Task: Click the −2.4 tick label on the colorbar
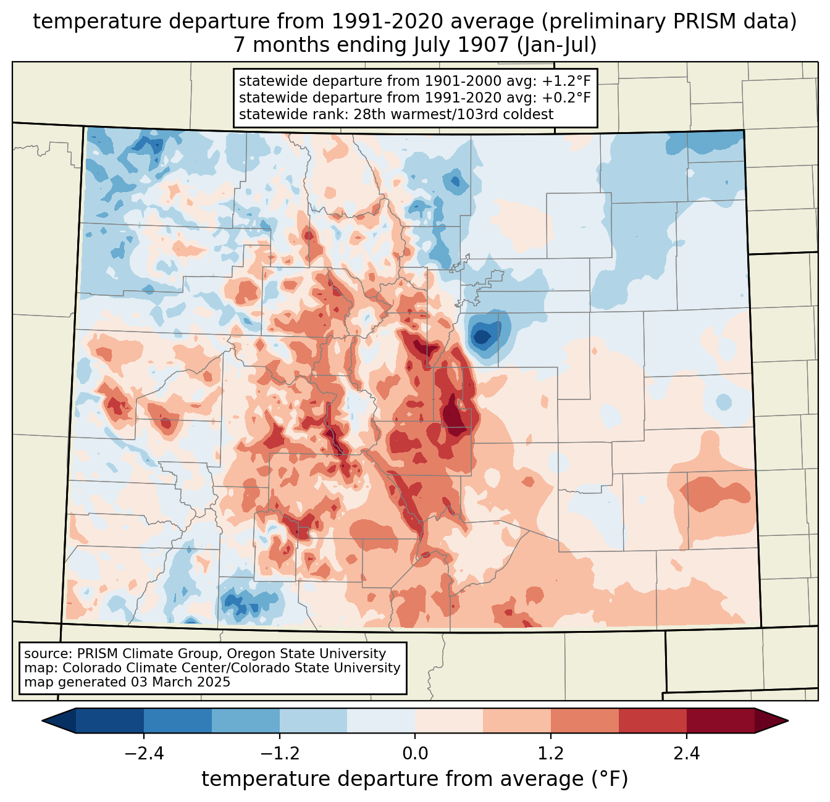144,754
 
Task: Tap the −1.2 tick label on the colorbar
279,754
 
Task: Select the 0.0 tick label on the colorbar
415,754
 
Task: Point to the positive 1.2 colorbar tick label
551,754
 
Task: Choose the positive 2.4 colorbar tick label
686,754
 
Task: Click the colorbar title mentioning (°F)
415,779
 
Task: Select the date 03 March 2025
180,682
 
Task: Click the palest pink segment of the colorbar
449,721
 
